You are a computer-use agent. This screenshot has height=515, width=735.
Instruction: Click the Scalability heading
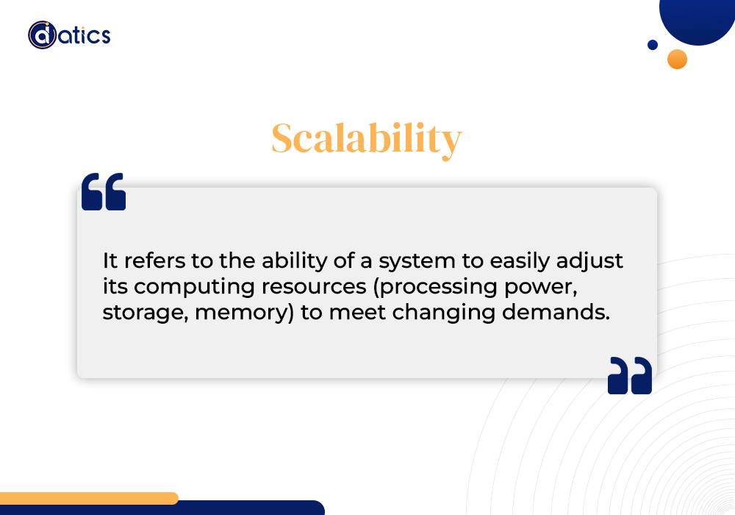click(367, 139)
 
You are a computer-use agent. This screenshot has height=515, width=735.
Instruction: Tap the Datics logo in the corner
click(69, 35)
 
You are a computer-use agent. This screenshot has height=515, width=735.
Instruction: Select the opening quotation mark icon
click(104, 191)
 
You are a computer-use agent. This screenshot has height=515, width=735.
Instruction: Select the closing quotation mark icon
click(630, 375)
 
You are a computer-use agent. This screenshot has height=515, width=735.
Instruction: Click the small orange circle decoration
click(677, 59)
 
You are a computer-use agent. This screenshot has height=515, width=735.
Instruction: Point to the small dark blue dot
click(653, 45)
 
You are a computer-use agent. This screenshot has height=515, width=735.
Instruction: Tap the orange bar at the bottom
click(88, 498)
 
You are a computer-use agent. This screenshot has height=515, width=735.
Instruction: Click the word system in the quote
click(417, 261)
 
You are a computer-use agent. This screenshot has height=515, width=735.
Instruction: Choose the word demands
click(556, 311)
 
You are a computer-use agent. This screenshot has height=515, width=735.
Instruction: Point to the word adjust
click(589, 261)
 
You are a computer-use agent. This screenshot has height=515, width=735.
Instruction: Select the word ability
click(295, 261)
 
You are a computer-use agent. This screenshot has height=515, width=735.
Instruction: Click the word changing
click(443, 313)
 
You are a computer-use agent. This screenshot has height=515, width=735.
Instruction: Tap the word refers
click(154, 260)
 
